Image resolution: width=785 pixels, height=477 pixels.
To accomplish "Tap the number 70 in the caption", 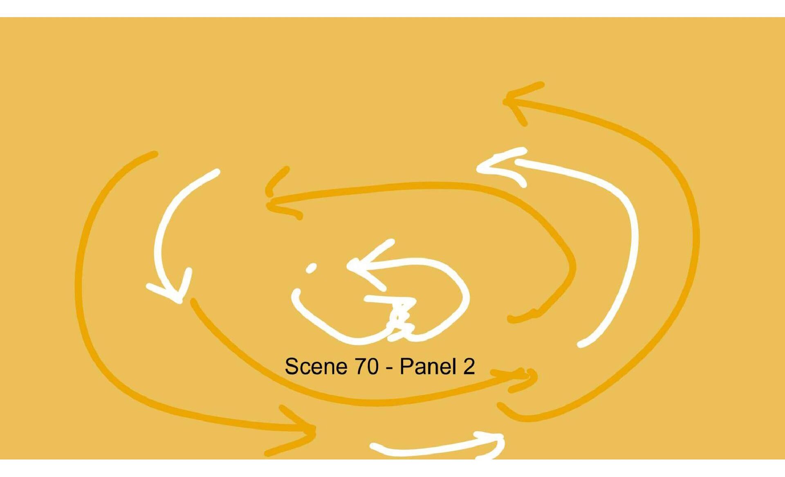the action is pos(366,366).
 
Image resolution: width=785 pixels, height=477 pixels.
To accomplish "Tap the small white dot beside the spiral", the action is pos(311,268).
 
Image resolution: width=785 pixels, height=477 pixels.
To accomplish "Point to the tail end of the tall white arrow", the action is pos(581,344).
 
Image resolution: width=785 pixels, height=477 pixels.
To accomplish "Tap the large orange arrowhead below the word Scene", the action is pos(311,430).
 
